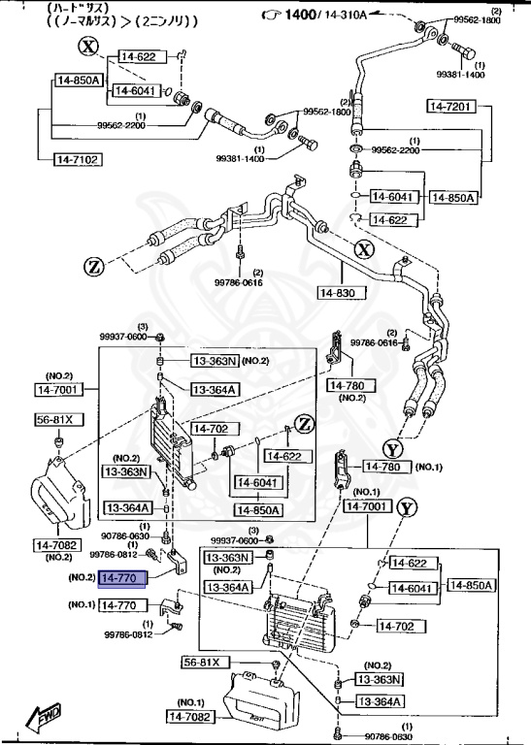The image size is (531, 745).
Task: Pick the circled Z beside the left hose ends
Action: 94,267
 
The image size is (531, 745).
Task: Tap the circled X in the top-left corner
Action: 89,46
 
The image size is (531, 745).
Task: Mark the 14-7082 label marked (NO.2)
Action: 59,545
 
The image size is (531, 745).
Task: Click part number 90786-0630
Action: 125,535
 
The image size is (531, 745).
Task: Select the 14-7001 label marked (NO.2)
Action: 59,389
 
